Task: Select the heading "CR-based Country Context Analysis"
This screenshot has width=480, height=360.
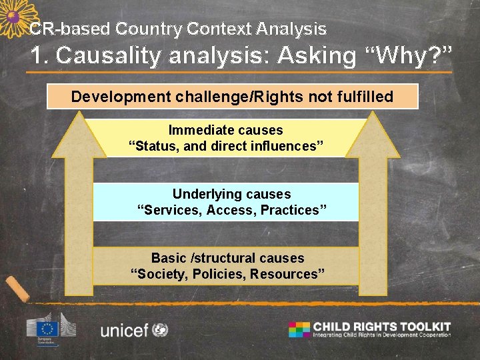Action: (x=178, y=29)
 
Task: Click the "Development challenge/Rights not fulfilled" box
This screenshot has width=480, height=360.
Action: (x=232, y=97)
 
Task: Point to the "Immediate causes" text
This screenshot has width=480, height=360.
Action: (x=225, y=130)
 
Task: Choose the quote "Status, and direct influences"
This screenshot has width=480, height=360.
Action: (x=226, y=146)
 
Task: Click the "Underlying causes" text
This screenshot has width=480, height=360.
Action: (x=231, y=194)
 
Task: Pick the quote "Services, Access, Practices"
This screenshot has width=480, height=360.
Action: (x=231, y=210)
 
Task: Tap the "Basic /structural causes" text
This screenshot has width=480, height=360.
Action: (x=227, y=258)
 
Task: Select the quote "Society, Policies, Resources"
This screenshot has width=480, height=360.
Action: (x=227, y=274)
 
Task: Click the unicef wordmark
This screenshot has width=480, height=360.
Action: (x=124, y=330)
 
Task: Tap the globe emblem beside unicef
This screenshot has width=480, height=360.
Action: (x=160, y=329)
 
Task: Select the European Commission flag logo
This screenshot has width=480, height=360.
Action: (x=48, y=328)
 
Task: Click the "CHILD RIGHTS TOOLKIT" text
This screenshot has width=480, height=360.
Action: (x=382, y=326)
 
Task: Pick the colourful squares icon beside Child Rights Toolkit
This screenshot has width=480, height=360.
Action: (x=299, y=329)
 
